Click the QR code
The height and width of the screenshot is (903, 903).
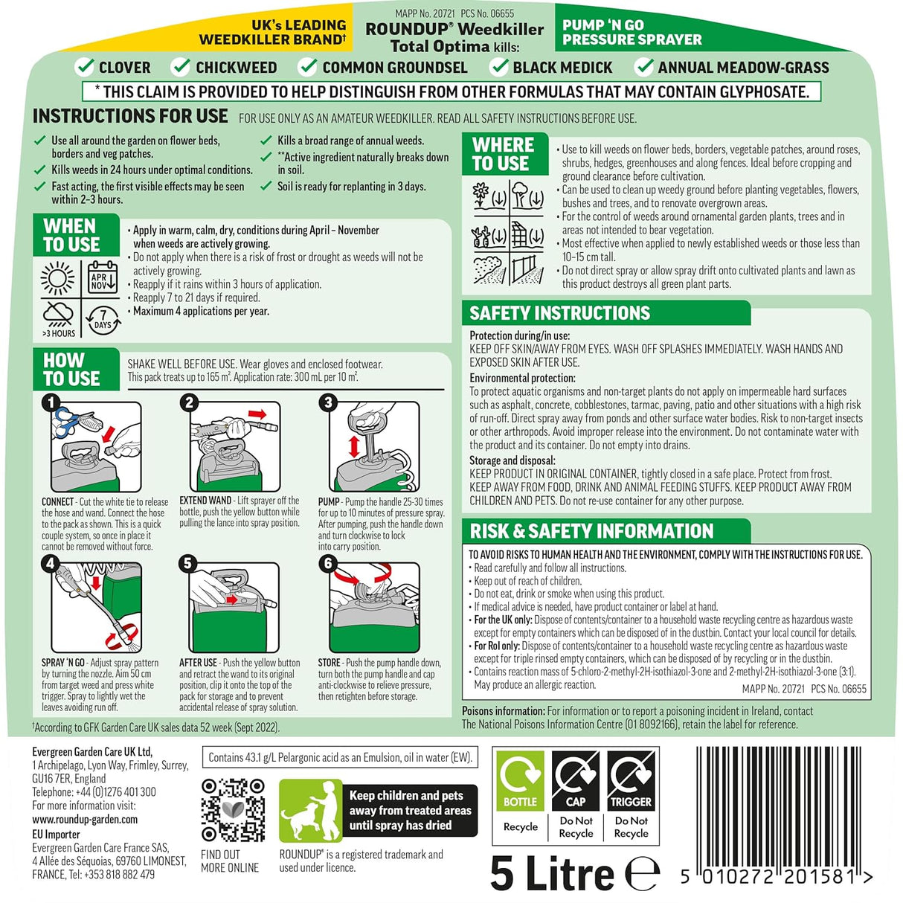point(233,809)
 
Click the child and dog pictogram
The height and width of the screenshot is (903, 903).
point(309,811)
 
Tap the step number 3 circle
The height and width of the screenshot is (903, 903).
point(328,402)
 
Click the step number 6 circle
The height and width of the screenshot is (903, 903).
point(328,563)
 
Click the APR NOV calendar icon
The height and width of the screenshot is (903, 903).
point(102,277)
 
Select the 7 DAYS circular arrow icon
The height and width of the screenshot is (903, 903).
point(103,319)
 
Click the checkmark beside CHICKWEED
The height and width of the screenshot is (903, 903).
point(181,67)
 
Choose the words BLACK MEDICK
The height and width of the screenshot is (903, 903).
point(562,68)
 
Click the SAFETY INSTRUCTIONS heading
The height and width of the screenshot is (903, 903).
point(559,313)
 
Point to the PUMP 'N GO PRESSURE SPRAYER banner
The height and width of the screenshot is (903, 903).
point(632,32)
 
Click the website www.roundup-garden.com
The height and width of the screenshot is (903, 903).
point(85,820)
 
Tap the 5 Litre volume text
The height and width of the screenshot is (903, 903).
point(552,873)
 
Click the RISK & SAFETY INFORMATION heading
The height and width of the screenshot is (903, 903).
point(591,531)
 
